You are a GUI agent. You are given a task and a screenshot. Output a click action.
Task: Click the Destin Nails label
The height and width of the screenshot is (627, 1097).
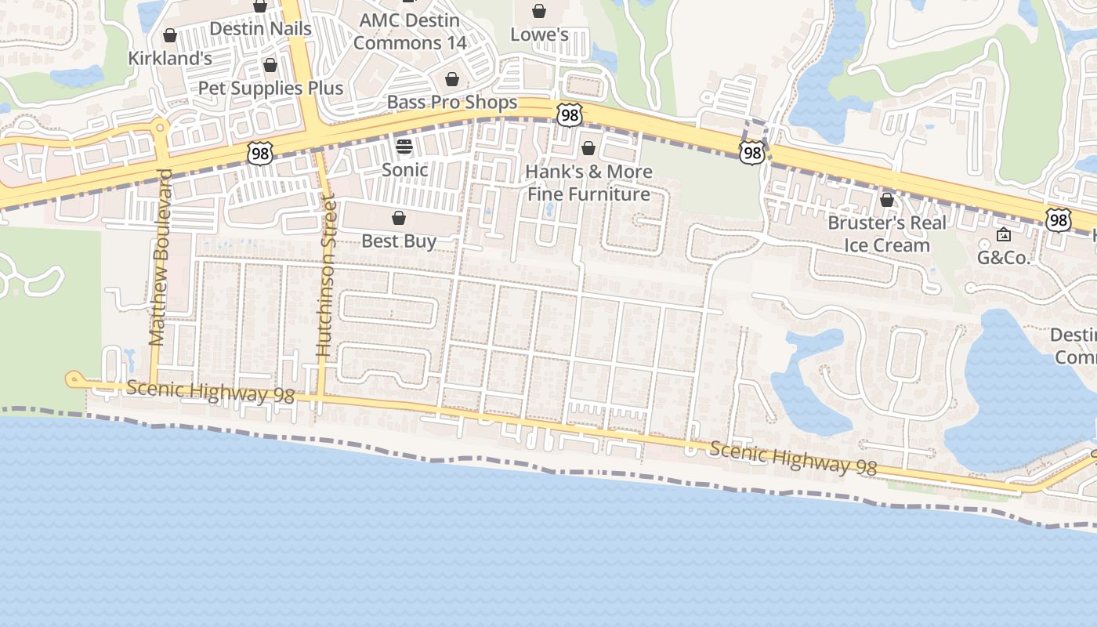point(260,29)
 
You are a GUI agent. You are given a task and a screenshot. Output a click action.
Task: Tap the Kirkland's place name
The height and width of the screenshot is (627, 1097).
point(170,58)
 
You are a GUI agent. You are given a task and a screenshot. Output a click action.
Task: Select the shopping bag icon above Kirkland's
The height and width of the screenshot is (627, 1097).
point(170,35)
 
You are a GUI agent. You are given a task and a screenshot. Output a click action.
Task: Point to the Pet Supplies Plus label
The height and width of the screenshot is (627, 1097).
point(270,88)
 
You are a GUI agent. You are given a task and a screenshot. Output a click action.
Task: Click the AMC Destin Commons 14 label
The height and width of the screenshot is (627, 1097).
point(409,31)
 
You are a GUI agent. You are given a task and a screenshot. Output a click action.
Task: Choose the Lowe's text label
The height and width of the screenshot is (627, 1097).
point(539,34)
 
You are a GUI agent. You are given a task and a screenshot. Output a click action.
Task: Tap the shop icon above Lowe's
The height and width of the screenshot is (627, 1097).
point(539,11)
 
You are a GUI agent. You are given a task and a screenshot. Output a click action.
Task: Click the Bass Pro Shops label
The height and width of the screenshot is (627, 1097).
point(452,103)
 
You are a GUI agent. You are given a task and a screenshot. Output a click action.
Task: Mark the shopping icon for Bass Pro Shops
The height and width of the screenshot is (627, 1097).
point(452,79)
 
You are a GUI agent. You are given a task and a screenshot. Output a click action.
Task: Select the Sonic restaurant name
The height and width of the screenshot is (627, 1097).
point(404,169)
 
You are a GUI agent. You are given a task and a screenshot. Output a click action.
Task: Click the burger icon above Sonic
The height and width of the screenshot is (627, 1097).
point(404,146)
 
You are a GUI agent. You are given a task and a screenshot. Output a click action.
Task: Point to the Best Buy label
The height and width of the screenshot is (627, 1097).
point(399,241)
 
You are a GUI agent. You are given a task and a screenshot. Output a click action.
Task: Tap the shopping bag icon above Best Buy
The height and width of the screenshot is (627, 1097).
point(399,218)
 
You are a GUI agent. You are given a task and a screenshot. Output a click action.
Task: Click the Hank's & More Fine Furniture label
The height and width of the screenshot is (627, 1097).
point(588,183)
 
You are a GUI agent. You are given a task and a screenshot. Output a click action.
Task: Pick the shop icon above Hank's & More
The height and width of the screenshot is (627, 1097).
point(588,148)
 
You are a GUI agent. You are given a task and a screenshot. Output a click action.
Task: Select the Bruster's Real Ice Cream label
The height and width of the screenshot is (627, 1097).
point(887,234)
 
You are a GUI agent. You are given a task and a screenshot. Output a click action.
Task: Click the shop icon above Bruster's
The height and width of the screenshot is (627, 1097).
point(887,201)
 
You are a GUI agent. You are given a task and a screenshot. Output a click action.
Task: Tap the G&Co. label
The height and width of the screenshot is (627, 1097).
point(1003,258)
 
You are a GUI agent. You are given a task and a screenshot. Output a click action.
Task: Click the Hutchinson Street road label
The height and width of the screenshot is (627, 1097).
point(325,278)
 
